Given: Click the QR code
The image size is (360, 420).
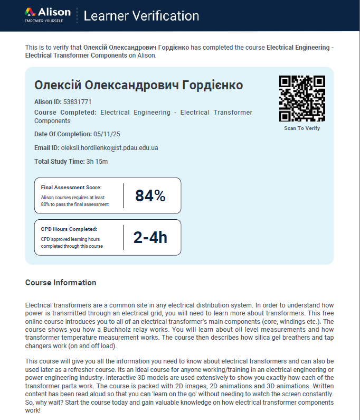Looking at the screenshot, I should tap(302, 99).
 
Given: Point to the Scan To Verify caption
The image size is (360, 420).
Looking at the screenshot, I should tap(302, 128).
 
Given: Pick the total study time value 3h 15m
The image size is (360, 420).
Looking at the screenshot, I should tap(97, 162).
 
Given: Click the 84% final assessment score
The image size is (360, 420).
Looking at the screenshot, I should tap(150, 196).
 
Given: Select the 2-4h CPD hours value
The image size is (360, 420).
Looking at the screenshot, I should tap(150, 238).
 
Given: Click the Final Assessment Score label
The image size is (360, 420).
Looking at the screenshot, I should tap(71, 187).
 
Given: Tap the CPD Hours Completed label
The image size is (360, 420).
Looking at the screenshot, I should tap(69, 229).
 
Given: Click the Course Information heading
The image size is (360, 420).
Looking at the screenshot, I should tap(61, 283).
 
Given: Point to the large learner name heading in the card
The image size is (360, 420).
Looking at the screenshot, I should tap(138, 85).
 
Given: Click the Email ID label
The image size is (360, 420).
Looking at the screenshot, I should tap(46, 148).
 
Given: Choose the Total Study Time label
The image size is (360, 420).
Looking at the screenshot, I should tap(59, 162).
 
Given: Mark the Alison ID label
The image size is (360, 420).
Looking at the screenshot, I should tap(48, 101).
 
